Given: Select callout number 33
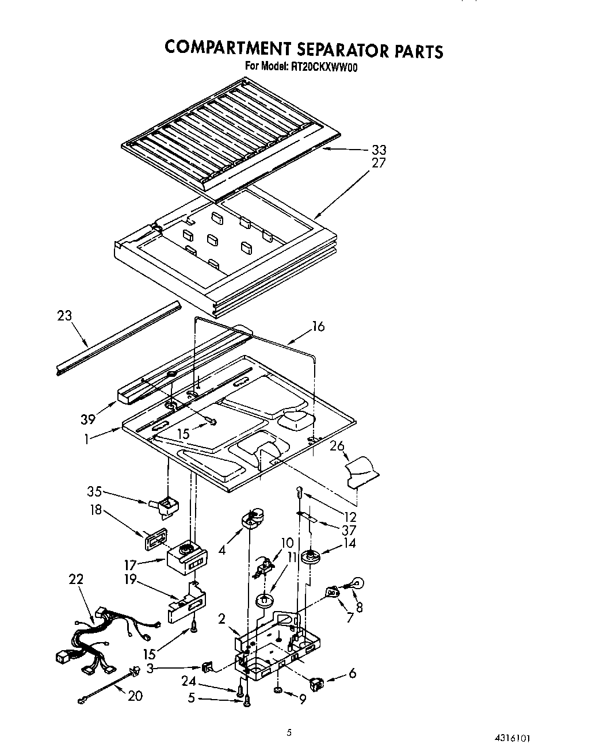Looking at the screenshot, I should tap(379, 150).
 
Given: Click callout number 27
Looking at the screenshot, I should tap(379, 163).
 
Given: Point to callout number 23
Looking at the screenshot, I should tap(64, 315).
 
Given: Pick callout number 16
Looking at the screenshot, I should tap(318, 327).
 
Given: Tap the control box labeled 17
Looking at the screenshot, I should tap(186, 556).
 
